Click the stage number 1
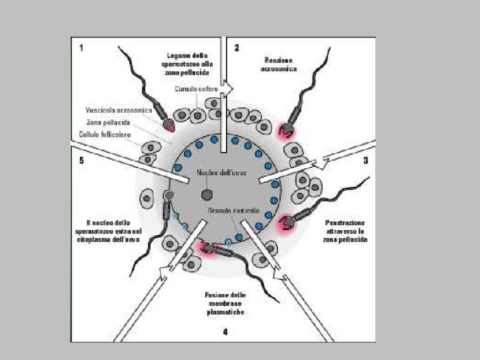coord(81,47)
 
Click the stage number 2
coord(237,47)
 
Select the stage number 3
coord(365,161)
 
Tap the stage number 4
coord(225,331)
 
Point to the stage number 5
coord(81,161)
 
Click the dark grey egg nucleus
coord(207,195)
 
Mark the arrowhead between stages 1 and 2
coord(229,87)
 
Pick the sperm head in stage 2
coord(287,128)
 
